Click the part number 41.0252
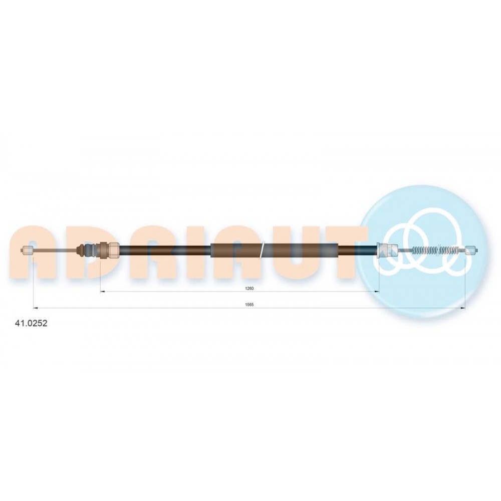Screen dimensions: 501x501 click(x=31, y=323)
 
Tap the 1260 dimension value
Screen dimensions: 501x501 click(x=249, y=288)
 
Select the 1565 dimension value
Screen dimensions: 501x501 click(x=249, y=305)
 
